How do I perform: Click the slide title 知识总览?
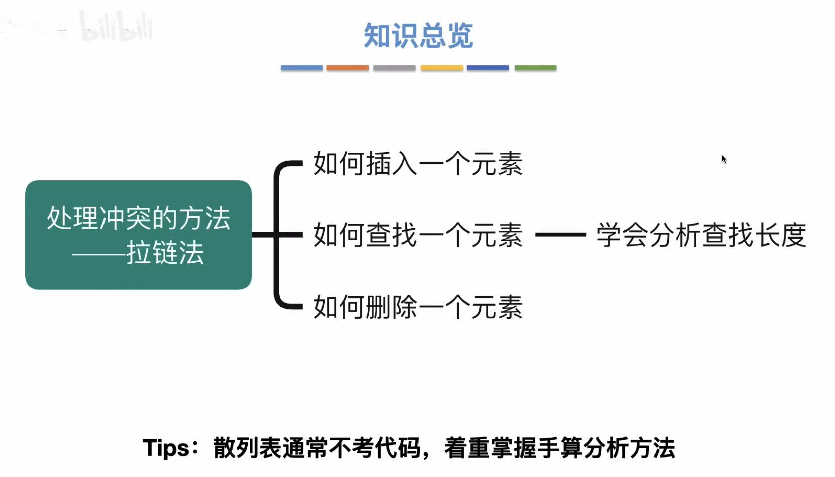click(418, 36)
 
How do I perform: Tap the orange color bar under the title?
click(347, 68)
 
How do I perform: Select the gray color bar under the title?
click(394, 68)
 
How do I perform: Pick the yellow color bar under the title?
click(442, 68)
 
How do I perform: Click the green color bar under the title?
click(536, 68)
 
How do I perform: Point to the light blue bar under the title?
click(301, 68)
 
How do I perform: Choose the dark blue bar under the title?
click(488, 68)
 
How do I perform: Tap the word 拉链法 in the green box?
click(165, 253)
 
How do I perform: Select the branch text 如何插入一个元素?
click(417, 164)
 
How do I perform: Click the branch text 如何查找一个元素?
click(417, 235)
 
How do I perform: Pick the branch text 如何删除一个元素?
click(417, 307)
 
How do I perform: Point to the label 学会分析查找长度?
click(701, 235)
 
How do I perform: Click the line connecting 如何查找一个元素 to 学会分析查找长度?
click(560, 234)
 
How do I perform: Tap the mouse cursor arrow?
click(724, 159)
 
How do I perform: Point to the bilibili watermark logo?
click(117, 27)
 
